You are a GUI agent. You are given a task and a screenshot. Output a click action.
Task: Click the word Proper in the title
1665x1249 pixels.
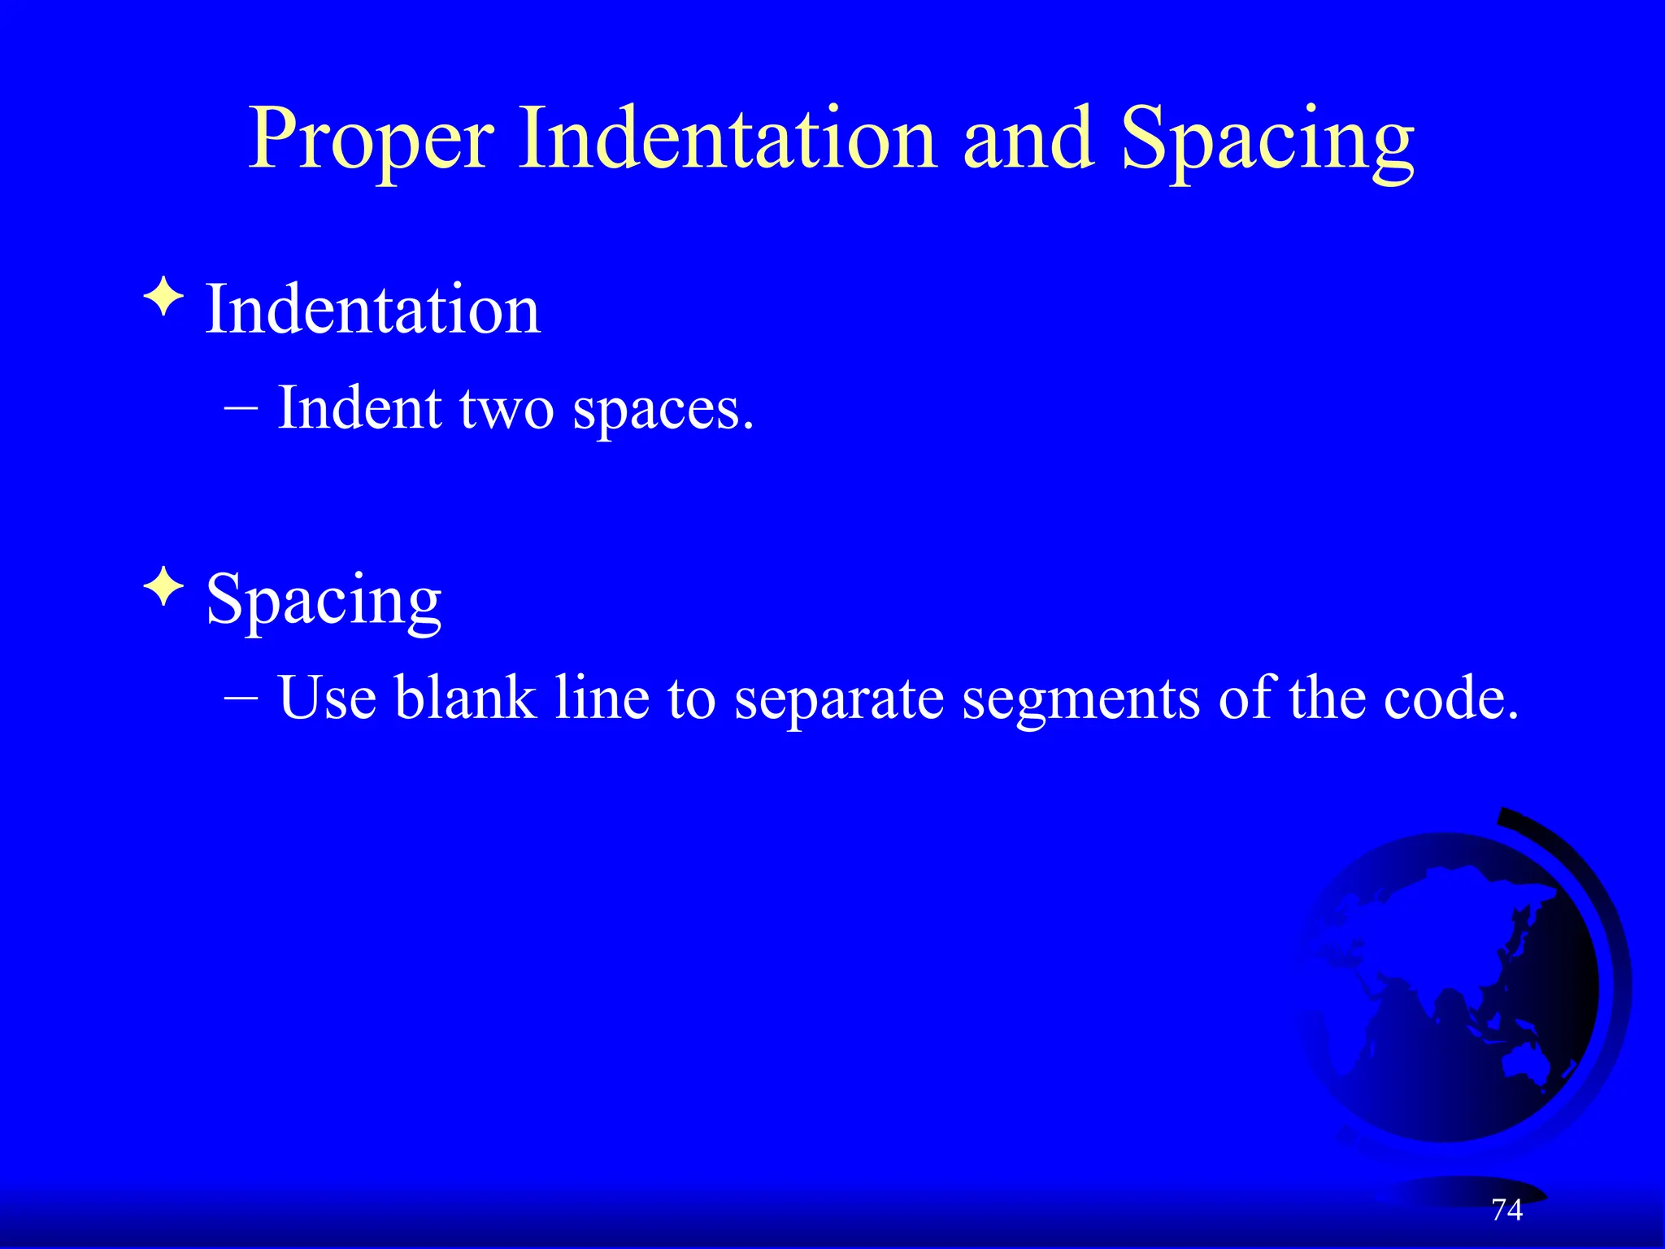point(370,140)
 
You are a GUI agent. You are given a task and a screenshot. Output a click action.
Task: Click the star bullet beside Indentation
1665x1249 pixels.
point(164,298)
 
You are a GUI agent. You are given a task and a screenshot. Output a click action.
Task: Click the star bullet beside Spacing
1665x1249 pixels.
point(164,587)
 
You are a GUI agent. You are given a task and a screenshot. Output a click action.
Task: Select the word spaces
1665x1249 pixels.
point(663,411)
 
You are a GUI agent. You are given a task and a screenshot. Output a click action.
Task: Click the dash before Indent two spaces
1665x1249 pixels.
point(241,409)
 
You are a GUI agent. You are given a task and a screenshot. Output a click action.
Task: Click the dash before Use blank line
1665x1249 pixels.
point(241,698)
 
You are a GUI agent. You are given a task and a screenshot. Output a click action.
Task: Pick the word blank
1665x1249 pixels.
point(465,698)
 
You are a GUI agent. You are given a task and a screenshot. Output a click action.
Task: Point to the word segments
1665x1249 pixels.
point(1080,699)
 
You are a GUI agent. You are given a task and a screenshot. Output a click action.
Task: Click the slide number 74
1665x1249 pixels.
point(1506,1210)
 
